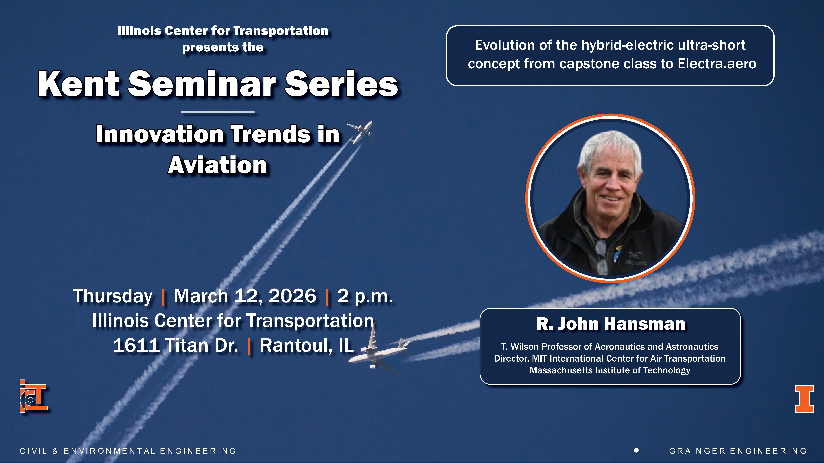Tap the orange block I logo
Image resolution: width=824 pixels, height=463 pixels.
pyautogui.click(x=804, y=399)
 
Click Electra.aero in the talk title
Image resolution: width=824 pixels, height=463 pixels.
pyautogui.click(x=717, y=64)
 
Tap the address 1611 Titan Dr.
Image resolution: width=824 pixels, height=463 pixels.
pyautogui.click(x=176, y=345)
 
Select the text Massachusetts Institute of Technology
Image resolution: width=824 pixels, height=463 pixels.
pyautogui.click(x=610, y=370)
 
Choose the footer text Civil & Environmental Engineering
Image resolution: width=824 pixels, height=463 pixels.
pyautogui.click(x=128, y=451)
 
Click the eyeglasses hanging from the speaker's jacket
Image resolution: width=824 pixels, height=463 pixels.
pyautogui.click(x=601, y=256)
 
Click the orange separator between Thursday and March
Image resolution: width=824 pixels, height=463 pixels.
pyautogui.click(x=163, y=297)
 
